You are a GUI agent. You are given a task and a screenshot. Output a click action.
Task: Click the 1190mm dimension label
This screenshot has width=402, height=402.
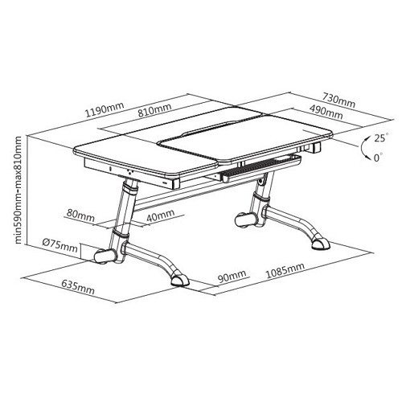point(105,109)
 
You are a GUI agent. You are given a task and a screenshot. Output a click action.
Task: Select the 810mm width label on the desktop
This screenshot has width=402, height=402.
point(154,110)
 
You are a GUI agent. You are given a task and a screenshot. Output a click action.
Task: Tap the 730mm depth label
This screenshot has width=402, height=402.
point(338,100)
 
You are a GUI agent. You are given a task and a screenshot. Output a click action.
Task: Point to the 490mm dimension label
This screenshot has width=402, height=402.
point(326,112)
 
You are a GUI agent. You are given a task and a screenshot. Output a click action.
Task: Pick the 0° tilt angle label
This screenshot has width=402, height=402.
point(378,158)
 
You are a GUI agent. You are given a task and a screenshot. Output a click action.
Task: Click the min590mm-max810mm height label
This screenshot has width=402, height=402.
point(18,190)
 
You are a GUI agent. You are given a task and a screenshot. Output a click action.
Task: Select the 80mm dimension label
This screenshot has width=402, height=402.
point(80,216)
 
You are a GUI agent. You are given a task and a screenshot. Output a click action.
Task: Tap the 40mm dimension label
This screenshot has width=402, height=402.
point(160,215)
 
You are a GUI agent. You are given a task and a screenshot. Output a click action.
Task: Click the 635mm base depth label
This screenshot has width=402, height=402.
point(78,287)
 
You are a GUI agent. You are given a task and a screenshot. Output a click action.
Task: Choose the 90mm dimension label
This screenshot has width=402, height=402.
point(232,277)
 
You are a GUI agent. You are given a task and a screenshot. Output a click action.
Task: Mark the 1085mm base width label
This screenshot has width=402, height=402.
point(285,270)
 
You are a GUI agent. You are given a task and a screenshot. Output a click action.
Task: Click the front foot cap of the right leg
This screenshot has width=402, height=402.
point(320,243)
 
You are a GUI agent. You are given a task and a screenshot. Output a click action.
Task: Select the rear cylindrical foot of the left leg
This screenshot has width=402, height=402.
point(105,256)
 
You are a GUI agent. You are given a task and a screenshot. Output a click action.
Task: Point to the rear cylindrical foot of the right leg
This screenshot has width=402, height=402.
point(245,220)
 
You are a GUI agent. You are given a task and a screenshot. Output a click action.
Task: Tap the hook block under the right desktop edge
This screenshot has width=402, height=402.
point(316,147)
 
